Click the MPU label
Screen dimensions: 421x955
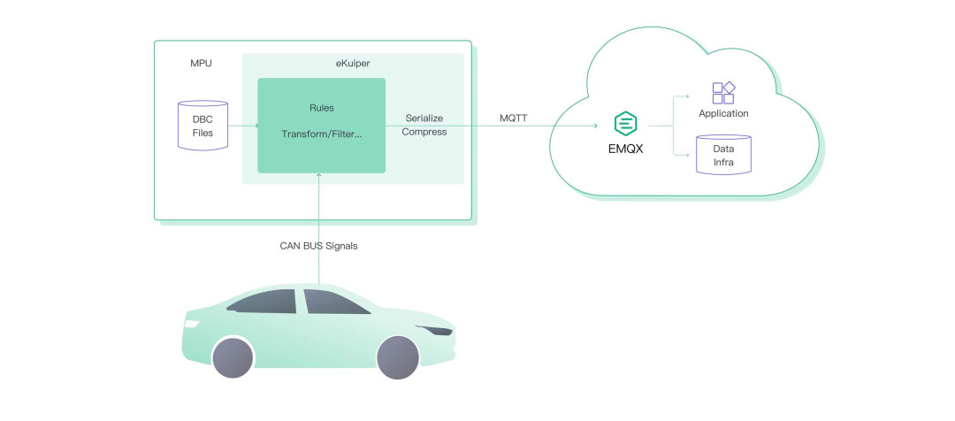coord(201,64)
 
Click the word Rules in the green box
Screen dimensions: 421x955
coord(321,109)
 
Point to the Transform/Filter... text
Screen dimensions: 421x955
coord(321,134)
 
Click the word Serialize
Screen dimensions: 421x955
coord(424,118)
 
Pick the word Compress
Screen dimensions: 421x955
coord(424,132)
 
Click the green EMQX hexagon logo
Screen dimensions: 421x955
coord(626,124)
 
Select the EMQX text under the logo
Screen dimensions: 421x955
coord(626,149)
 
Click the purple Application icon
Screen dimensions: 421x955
coord(723,93)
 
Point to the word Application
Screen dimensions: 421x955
coord(723,113)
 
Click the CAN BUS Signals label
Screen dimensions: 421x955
coord(319,246)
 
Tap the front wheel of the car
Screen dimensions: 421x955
coord(398,357)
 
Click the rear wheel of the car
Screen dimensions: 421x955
coord(233,357)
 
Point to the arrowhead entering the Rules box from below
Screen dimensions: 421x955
coord(320,177)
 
